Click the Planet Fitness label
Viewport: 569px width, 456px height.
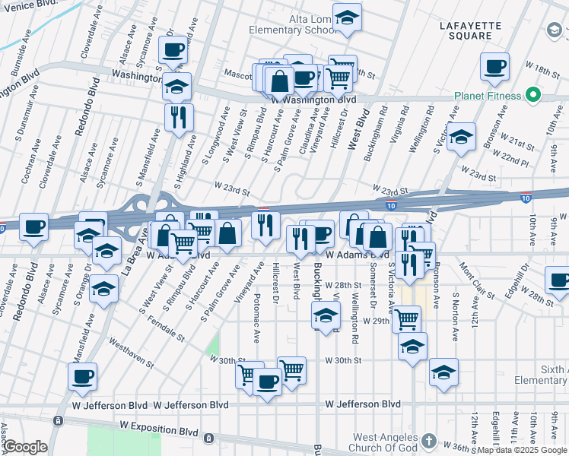pos(488,96)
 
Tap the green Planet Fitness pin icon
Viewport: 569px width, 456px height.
pos(533,96)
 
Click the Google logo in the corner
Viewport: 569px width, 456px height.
pos(26,446)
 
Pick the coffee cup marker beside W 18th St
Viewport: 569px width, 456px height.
pos(495,67)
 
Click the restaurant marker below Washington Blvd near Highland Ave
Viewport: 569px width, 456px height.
pos(179,117)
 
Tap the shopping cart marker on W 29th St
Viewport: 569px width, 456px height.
pos(406,319)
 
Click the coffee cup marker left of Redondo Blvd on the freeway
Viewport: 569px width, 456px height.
pos(34,226)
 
